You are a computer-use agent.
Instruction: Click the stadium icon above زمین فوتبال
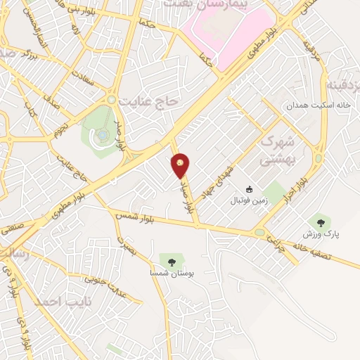249,189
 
